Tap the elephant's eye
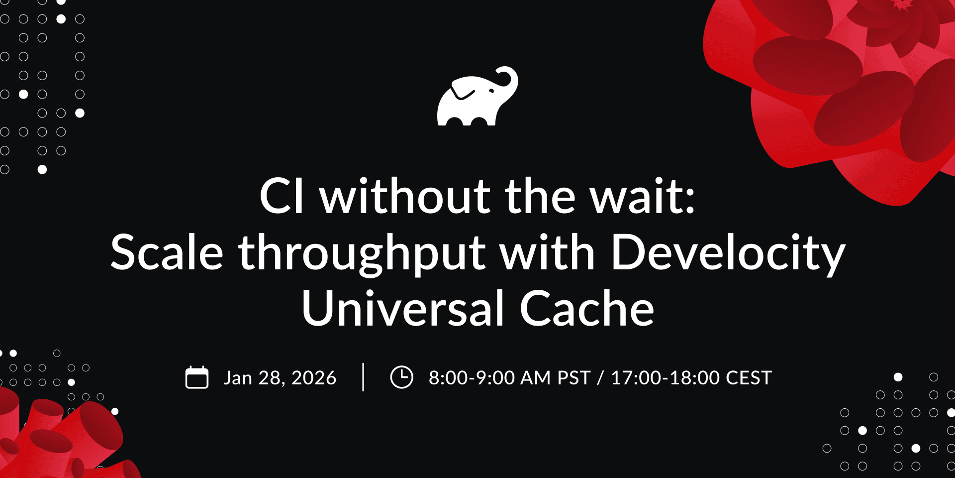491,91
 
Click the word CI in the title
282,196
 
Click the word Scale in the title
167,252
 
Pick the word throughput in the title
362,254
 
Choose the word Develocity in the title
728,254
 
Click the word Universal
403,309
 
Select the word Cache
587,309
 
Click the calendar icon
197,377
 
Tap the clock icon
401,377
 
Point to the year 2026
314,378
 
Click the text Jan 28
252,378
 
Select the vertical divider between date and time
363,377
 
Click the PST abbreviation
574,378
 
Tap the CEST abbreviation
749,378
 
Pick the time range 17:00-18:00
666,378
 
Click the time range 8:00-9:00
472,378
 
